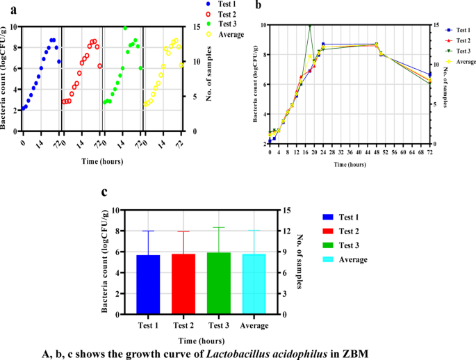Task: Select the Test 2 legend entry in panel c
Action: (346, 231)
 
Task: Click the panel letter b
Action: (258, 6)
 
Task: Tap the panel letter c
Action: (104, 193)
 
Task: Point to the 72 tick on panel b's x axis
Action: (429, 152)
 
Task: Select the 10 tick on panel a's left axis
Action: (14, 27)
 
